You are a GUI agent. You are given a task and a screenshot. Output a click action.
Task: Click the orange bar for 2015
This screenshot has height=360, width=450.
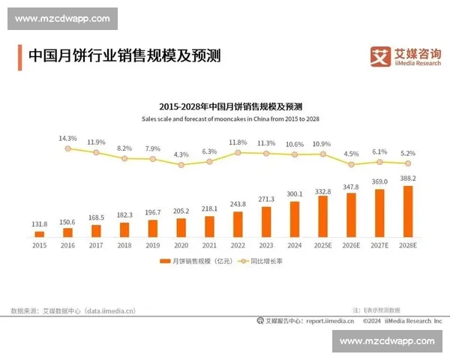[x=40, y=234]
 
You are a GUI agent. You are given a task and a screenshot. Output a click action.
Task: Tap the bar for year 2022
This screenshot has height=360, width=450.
[x=238, y=224]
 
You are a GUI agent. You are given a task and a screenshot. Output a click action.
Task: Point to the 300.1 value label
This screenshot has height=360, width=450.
[x=295, y=193]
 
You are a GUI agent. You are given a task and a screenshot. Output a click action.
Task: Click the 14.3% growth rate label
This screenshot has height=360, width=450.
[x=67, y=139]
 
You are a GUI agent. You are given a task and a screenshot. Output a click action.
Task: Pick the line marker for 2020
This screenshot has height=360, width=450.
[x=181, y=164]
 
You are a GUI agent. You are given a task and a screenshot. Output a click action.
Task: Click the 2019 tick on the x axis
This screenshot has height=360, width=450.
[x=153, y=245]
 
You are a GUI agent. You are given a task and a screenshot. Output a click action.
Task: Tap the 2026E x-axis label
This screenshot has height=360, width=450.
[x=351, y=245]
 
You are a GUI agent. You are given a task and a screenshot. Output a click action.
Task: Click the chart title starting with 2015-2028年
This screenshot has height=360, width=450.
[x=225, y=106]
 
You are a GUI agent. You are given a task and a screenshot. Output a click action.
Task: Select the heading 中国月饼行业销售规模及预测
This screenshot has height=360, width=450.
[x=124, y=56]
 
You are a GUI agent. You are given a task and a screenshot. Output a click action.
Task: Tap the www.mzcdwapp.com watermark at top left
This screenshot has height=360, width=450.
[x=63, y=18]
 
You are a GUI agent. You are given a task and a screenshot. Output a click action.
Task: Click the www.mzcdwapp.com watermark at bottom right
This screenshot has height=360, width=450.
[x=386, y=341]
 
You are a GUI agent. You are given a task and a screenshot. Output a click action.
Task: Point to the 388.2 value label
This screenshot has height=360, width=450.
[x=408, y=178]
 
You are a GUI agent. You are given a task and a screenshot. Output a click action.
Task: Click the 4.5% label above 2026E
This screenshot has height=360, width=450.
[x=351, y=154]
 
